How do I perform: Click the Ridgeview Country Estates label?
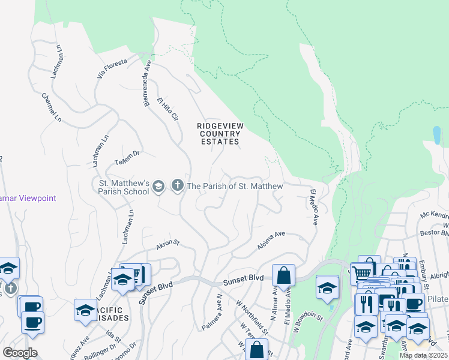219,134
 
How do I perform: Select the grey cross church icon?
177,186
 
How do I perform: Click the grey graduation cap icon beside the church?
158,186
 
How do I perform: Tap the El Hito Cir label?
169,109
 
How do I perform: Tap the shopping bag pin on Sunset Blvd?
284,276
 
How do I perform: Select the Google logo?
20,353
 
